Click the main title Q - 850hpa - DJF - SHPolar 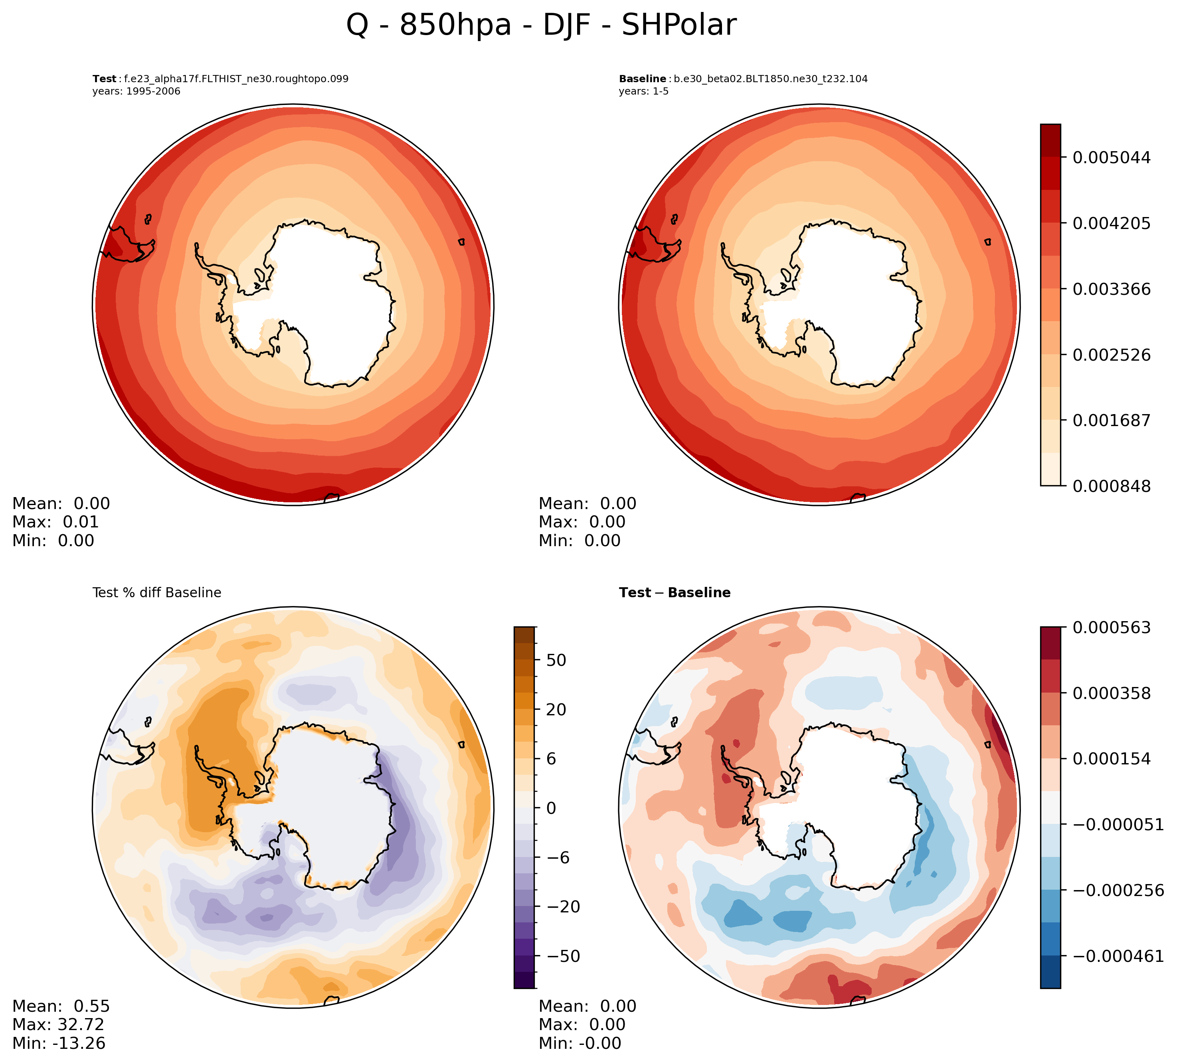pyautogui.click(x=541, y=26)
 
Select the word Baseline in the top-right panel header pyautogui.click(x=642, y=79)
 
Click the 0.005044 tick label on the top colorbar pyautogui.click(x=1112, y=158)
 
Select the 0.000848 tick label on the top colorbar pyautogui.click(x=1112, y=486)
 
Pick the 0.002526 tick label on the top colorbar pyautogui.click(x=1112, y=355)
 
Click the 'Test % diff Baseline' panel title pyautogui.click(x=156, y=593)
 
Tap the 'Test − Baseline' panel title pyautogui.click(x=675, y=593)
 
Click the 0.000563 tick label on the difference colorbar pyautogui.click(x=1112, y=628)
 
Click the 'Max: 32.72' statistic pyautogui.click(x=58, y=1025)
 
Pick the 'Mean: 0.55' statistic pyautogui.click(x=61, y=1006)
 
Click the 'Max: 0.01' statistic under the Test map pyautogui.click(x=55, y=522)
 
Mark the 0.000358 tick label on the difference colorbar pyautogui.click(x=1112, y=693)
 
